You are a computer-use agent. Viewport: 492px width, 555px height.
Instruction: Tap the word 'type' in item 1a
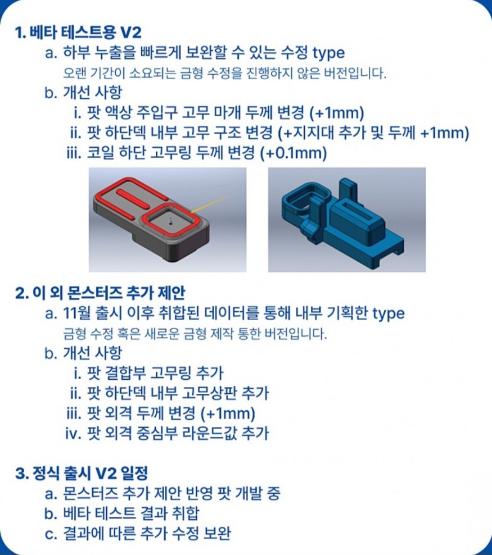click(x=329, y=53)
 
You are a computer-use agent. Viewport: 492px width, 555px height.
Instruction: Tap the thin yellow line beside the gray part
click(x=210, y=204)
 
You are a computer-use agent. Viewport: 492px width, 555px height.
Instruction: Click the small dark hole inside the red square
click(x=171, y=223)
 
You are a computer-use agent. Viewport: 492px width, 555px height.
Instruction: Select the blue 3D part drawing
click(x=342, y=222)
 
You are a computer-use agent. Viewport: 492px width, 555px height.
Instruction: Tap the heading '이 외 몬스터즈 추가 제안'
click(x=109, y=293)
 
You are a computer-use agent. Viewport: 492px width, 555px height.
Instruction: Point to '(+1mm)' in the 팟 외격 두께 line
click(x=228, y=413)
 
